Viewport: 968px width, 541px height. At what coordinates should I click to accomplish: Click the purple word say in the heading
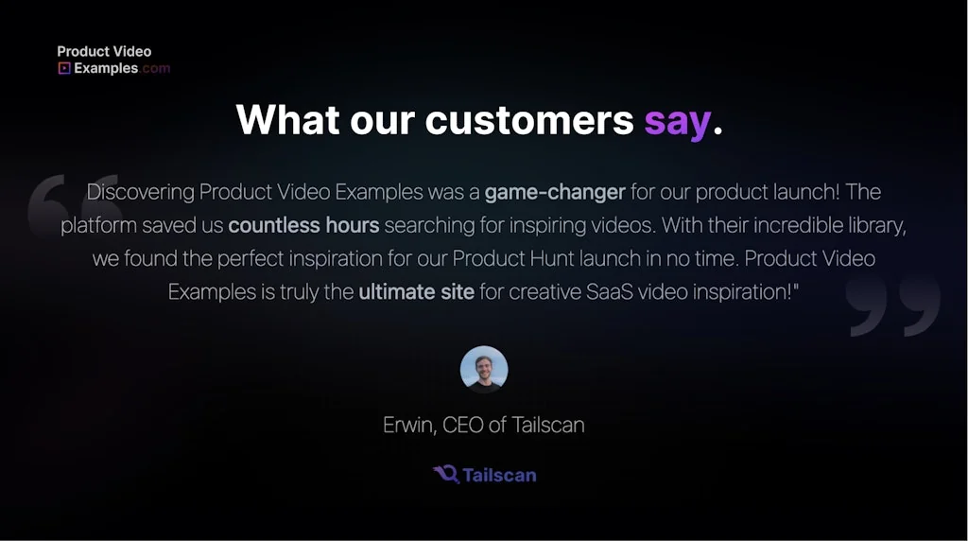tap(677, 121)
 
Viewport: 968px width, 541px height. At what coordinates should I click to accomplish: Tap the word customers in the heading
tap(529, 121)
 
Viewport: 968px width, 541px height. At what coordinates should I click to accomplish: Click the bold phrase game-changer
tap(555, 192)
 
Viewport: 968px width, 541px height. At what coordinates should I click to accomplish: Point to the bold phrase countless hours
tap(303, 225)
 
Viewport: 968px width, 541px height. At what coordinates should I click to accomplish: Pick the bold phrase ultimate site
tap(416, 291)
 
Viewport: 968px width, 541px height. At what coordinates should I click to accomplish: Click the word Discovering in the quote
tap(140, 192)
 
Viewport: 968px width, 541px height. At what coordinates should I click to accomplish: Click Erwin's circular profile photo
tap(484, 369)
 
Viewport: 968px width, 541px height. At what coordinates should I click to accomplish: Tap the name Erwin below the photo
tap(409, 425)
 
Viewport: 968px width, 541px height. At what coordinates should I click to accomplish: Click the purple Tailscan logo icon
tap(446, 474)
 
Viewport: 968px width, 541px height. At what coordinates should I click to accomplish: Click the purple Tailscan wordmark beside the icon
tap(499, 475)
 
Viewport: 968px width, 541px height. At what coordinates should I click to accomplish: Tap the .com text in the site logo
tap(156, 68)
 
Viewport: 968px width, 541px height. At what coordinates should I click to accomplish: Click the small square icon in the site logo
tap(64, 68)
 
